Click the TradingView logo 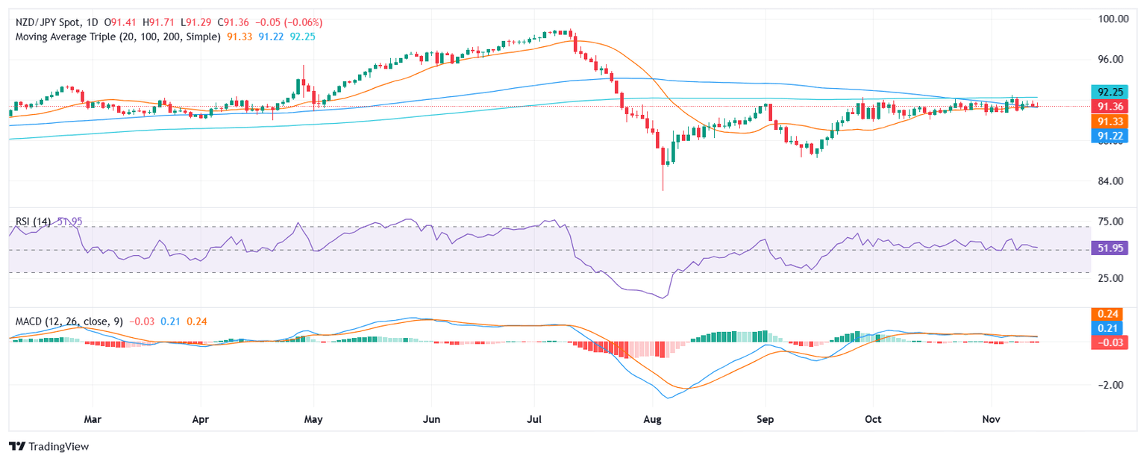tap(48, 446)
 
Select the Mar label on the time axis tap(92, 420)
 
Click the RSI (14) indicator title tap(33, 222)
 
